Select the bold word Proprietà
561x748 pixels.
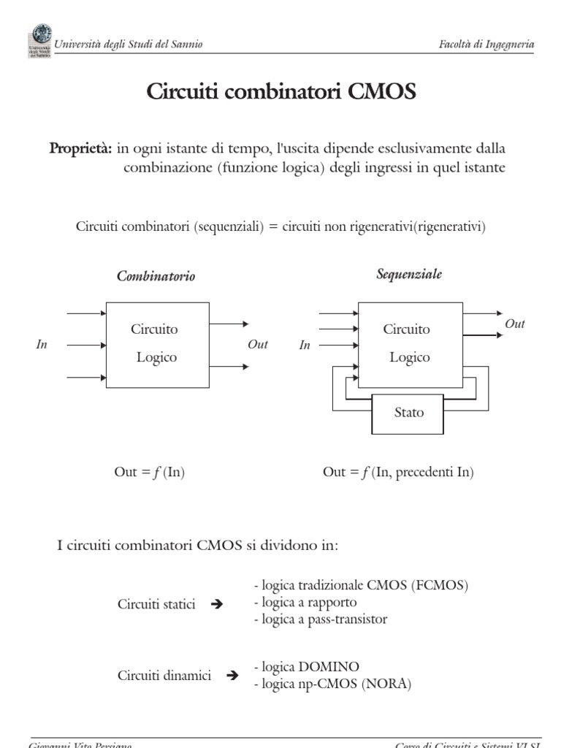point(80,148)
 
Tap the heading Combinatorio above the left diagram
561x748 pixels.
point(156,277)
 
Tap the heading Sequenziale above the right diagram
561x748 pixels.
point(409,275)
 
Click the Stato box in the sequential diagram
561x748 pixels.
point(408,413)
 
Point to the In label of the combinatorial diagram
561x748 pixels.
point(42,345)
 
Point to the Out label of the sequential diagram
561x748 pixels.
point(515,324)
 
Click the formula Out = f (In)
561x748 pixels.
point(150,473)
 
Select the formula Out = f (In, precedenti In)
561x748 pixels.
point(398,473)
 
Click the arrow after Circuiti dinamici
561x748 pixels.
point(233,676)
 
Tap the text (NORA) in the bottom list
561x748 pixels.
point(391,684)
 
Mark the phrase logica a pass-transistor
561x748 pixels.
point(321,619)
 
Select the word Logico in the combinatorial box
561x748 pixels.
point(156,357)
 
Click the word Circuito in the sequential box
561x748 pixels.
point(407,329)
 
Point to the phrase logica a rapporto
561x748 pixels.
point(305,603)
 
